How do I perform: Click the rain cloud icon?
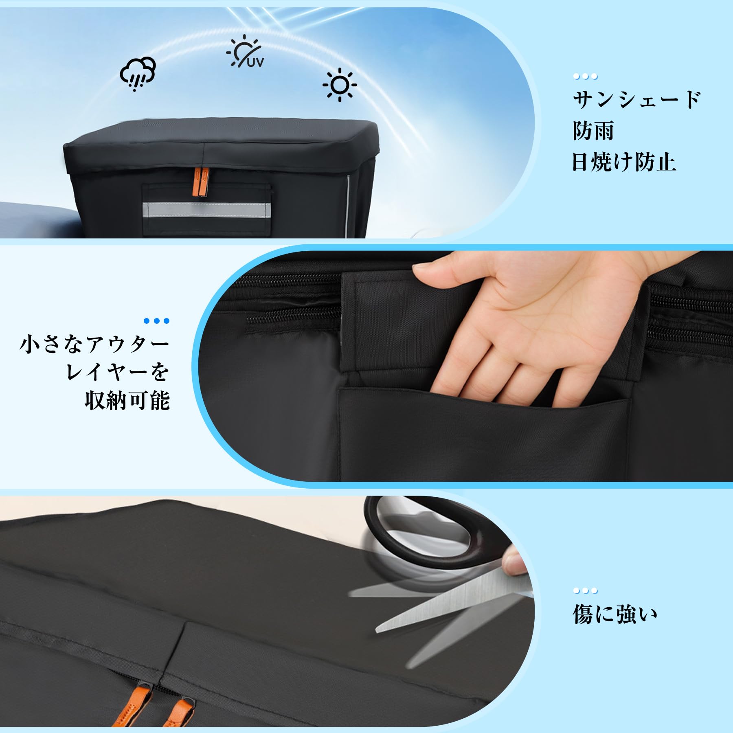(x=138, y=74)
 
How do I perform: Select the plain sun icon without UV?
(x=340, y=85)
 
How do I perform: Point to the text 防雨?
(x=593, y=131)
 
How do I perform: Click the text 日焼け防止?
(x=624, y=162)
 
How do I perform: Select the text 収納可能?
(x=127, y=400)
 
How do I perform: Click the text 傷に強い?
(x=614, y=615)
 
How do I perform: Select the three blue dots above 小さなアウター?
(x=157, y=321)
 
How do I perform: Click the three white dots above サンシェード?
(x=585, y=76)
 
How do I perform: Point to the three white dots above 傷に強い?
(x=585, y=591)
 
